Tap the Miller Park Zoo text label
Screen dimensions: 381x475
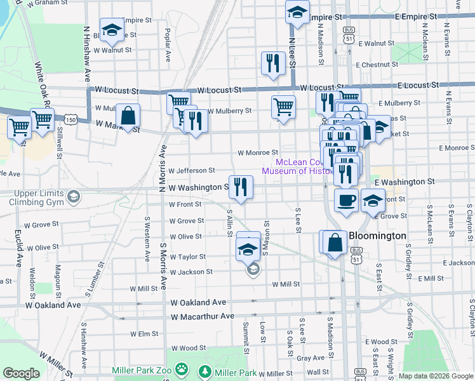coord(143,370)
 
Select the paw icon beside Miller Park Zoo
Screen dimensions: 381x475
coord(182,369)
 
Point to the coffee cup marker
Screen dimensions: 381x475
coord(345,201)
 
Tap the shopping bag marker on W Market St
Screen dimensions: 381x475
coord(128,116)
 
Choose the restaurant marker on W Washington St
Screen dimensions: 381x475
coord(241,187)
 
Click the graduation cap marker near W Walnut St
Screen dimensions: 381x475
coord(112,30)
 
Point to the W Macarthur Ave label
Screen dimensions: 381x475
coord(203,316)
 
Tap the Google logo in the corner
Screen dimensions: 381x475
coord(21,373)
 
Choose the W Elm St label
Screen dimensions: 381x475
coord(144,333)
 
